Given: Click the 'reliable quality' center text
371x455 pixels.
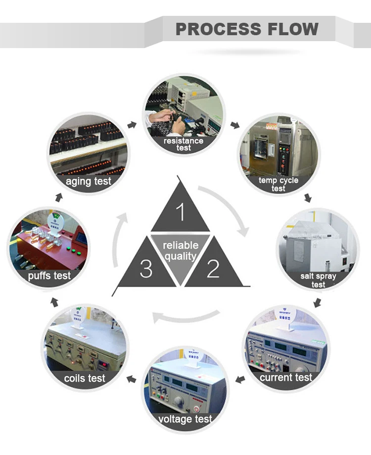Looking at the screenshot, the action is pyautogui.click(x=181, y=250).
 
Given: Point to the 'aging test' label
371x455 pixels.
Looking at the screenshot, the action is pyautogui.click(x=89, y=181).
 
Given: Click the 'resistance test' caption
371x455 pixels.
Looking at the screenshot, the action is pyautogui.click(x=184, y=144).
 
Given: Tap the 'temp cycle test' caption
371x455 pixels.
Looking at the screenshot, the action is pyautogui.click(x=278, y=184).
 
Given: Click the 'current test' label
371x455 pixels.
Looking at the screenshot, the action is pyautogui.click(x=286, y=378).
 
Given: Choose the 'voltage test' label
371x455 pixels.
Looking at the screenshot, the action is pyautogui.click(x=185, y=419).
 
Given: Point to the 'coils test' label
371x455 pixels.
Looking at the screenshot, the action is pyautogui.click(x=85, y=378).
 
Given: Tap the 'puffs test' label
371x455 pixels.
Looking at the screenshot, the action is pyautogui.click(x=49, y=276).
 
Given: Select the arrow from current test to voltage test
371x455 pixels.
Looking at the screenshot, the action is pyautogui.click(x=239, y=380).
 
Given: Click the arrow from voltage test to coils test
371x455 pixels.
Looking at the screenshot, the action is pyautogui.click(x=132, y=380).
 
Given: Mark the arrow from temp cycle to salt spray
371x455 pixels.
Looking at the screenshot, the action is pyautogui.click(x=308, y=198).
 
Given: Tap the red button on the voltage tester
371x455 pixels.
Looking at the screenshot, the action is pyautogui.click(x=196, y=409).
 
